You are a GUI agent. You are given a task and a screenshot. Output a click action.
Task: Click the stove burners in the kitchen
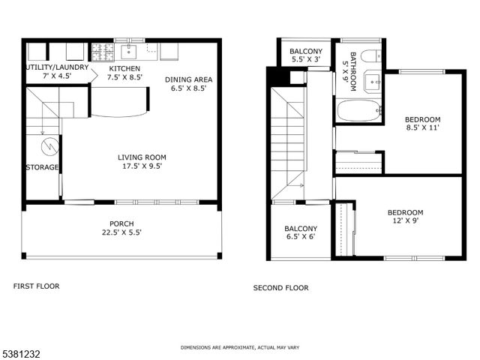coord(101,51)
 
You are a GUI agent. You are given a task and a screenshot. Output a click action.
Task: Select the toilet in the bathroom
coord(369,55)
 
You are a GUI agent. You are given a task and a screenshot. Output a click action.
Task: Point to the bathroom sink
coord(371,81)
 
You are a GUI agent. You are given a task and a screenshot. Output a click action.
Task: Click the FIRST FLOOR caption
coord(36,286)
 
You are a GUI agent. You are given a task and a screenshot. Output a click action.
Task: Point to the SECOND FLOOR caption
coord(280,288)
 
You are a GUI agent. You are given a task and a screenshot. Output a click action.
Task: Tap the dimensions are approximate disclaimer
coord(239,348)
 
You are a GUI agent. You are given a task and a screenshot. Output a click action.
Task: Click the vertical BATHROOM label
coord(349,71)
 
